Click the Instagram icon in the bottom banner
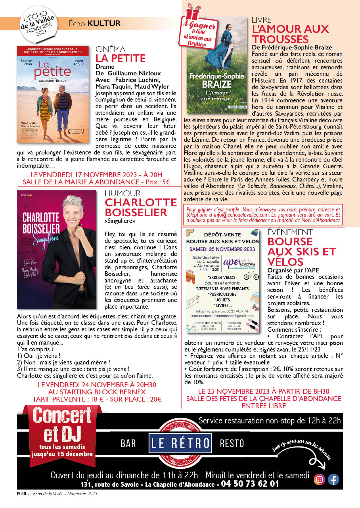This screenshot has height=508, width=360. (319, 480)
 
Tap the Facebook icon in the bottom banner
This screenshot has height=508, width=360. (334, 480)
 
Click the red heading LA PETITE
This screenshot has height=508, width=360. (120, 58)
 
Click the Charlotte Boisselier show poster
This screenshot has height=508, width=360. (57, 249)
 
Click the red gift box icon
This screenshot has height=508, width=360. (192, 12)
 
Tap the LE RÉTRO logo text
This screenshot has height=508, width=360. (180, 443)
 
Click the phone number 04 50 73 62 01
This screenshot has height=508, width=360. (250, 484)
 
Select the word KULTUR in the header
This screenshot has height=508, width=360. (104, 23)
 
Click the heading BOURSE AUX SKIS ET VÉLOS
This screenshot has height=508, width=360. (301, 252)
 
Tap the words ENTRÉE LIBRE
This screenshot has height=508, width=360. (264, 406)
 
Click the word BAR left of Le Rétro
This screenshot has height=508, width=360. (128, 443)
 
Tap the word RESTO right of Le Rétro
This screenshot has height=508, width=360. (232, 443)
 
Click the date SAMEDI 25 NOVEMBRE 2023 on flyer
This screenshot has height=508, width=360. (222, 249)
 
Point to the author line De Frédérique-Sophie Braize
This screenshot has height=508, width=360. (292, 47)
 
